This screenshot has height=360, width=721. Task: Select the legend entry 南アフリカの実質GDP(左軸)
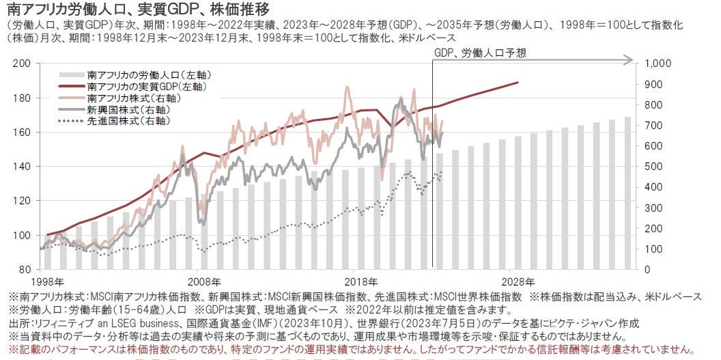point(147,87)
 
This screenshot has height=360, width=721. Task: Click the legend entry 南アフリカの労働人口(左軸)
point(141,75)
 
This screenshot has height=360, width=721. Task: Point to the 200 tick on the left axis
point(25,64)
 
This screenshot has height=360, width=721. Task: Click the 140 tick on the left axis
point(25,167)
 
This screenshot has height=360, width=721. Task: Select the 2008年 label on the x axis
point(203,281)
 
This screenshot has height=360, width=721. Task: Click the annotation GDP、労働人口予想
point(481,52)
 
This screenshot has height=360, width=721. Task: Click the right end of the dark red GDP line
point(517,82)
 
